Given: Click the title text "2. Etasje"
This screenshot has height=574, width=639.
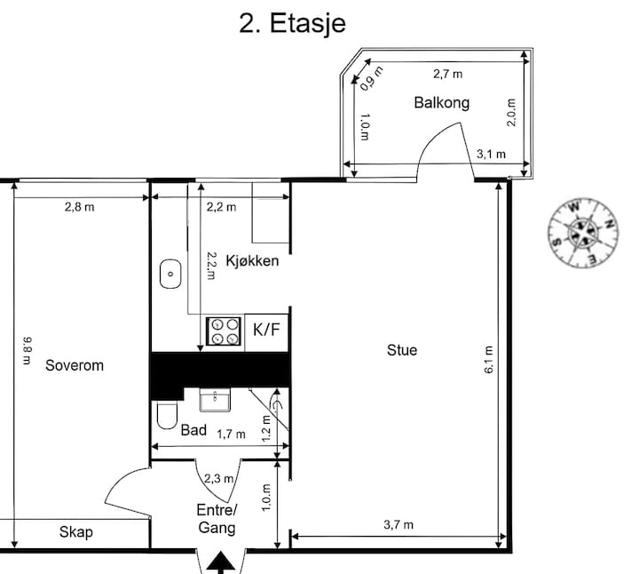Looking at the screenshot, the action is [292, 23].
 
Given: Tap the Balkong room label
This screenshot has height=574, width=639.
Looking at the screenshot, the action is [442, 102].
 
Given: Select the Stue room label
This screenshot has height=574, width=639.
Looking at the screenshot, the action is [402, 350].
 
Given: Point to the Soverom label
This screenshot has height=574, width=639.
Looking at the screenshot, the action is [75, 365].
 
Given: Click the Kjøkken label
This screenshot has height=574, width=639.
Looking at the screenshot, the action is [252, 260].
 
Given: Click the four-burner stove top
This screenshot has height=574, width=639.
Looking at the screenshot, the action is [224, 331].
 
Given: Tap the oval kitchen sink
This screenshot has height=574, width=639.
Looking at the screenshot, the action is [170, 274].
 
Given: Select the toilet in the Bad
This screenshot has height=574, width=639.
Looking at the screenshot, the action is [167, 415].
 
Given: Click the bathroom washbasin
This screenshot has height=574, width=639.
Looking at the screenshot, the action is [215, 399].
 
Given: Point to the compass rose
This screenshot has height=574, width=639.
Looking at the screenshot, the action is [583, 232].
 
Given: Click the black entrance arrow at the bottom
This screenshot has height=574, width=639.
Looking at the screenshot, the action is [220, 563].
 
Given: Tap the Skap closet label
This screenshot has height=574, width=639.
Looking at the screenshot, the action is [75, 532].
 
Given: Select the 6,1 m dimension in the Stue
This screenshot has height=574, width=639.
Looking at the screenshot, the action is [489, 359].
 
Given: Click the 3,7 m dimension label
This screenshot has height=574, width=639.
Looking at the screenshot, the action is [398, 524].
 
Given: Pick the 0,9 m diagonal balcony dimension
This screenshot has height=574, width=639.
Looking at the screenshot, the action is [372, 78].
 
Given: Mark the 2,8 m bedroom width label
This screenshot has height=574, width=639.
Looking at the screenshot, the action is [80, 207].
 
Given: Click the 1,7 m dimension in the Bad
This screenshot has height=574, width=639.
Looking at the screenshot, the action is [231, 434].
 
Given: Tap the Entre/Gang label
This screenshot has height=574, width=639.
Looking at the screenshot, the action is [217, 519].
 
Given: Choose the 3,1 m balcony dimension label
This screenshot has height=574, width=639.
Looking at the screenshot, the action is [491, 155].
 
